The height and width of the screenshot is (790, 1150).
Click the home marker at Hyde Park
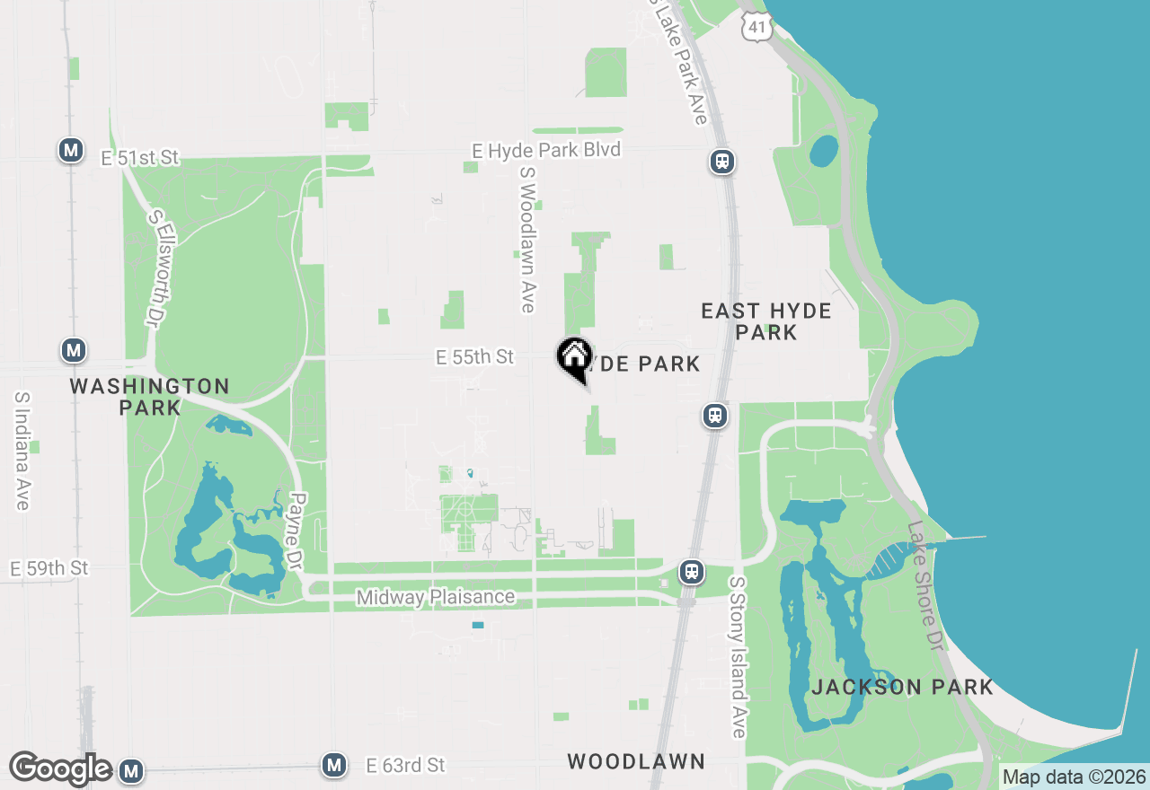[x=574, y=357]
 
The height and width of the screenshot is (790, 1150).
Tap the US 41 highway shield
[x=757, y=28]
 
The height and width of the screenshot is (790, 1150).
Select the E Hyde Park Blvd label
[x=546, y=150]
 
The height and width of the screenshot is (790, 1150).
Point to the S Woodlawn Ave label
[x=527, y=249]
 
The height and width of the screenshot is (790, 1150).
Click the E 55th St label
[x=474, y=357]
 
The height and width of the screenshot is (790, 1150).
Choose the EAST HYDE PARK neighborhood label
[x=766, y=321]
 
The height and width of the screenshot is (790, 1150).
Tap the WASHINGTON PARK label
[x=149, y=396]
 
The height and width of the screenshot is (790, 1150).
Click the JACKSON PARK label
[x=902, y=688]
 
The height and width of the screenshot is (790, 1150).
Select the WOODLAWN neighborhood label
[x=636, y=761]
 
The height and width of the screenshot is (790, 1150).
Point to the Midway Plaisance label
[x=436, y=597]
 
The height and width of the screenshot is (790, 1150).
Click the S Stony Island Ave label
[x=738, y=657]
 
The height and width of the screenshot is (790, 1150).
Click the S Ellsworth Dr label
[x=158, y=268]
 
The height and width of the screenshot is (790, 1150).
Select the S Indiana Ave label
[x=22, y=451]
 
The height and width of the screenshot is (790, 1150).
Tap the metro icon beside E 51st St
[x=71, y=150]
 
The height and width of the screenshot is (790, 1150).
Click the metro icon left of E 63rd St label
[x=334, y=765]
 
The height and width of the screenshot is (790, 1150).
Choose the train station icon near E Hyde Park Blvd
[x=722, y=162]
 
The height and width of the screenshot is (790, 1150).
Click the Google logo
[x=60, y=768]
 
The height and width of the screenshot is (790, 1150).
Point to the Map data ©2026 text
[x=1075, y=777]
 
